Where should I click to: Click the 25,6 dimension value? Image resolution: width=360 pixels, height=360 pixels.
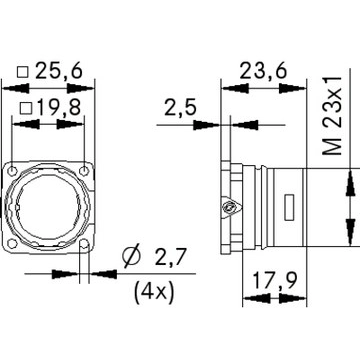pyautogui.click(x=58, y=71)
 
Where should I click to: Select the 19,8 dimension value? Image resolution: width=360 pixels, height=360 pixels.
pyautogui.click(x=59, y=108)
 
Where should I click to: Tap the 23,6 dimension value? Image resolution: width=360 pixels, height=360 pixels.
pyautogui.click(x=263, y=71)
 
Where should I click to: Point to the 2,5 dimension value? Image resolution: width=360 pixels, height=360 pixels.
pyautogui.click(x=180, y=108)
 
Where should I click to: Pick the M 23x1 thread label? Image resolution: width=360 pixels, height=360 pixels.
pyautogui.click(x=333, y=115)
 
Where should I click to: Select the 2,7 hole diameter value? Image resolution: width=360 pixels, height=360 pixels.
pyautogui.click(x=170, y=257)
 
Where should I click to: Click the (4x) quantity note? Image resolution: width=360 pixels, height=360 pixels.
pyautogui.click(x=154, y=293)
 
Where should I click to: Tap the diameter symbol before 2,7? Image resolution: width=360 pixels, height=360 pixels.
pyautogui.click(x=131, y=257)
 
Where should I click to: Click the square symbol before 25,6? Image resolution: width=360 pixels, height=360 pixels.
pyautogui.click(x=23, y=72)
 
